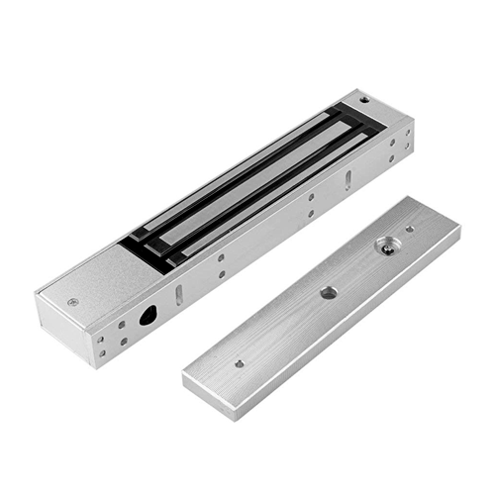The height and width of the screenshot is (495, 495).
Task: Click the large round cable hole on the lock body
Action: point(149,315)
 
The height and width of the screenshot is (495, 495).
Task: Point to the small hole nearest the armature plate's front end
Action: point(239,362)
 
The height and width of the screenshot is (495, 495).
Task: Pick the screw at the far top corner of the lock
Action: point(365,101)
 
